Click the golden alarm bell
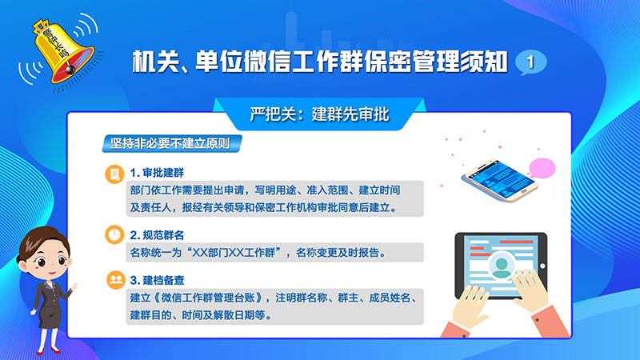click(x=62, y=52)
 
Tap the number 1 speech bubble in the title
click(x=530, y=62)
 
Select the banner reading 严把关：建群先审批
click(x=319, y=114)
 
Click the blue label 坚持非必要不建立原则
click(x=172, y=144)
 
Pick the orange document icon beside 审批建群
click(x=114, y=174)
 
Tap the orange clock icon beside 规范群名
click(x=114, y=234)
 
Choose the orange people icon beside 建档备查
click(x=116, y=280)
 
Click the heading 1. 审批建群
click(x=157, y=173)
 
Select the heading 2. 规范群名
click(x=157, y=235)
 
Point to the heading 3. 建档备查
click(x=157, y=281)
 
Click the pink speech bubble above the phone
click(x=542, y=168)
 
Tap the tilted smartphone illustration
click(x=500, y=180)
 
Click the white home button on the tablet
click(x=542, y=266)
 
